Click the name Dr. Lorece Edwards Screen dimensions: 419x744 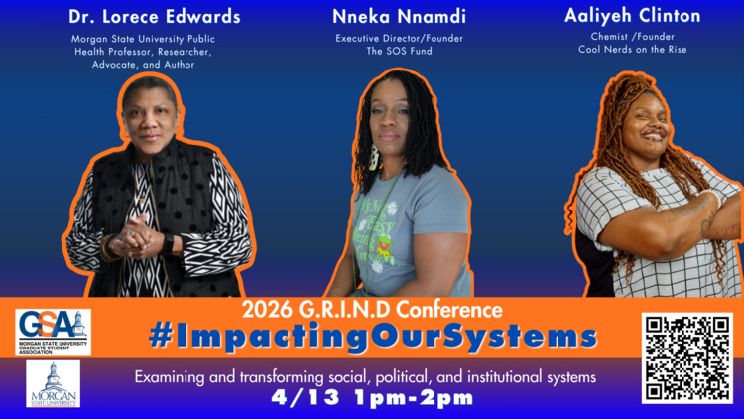(155, 17)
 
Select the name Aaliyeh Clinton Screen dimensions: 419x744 (632, 16)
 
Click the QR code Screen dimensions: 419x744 (686, 357)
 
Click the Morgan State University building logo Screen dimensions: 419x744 (53, 383)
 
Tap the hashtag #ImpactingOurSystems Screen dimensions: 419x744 (372, 337)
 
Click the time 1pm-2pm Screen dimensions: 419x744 (418, 398)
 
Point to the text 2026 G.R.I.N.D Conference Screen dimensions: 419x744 (372, 309)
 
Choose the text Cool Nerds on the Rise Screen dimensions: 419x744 (632, 49)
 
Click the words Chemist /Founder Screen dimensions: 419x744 (632, 36)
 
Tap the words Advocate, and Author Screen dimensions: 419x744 (155, 65)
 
